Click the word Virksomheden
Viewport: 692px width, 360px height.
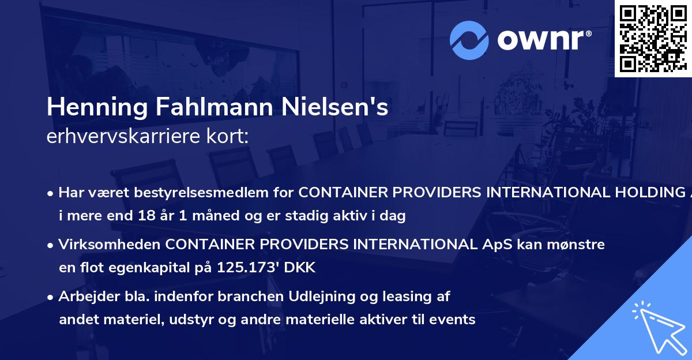109,245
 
